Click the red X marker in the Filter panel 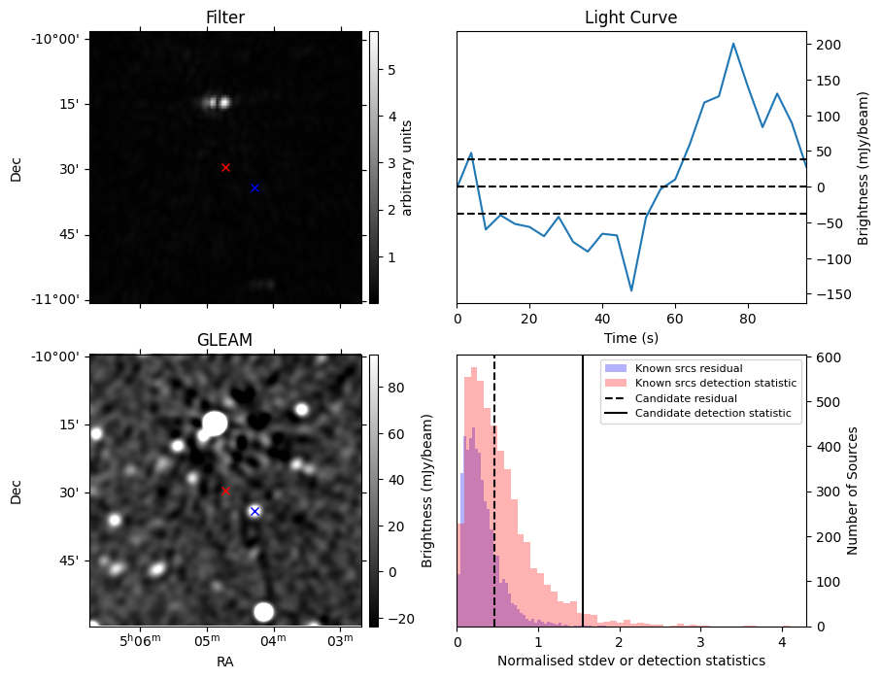[x=225, y=167]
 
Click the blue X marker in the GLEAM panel [x=254, y=511]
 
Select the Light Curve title [x=631, y=17]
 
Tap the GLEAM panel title [x=224, y=340]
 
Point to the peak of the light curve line [x=733, y=44]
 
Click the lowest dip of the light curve [x=631, y=290]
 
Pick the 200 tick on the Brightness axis [x=829, y=45]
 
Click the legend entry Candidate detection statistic [x=713, y=413]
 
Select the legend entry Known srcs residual [x=689, y=369]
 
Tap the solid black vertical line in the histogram [x=583, y=491]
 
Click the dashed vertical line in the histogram [x=493, y=491]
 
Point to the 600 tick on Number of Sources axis [x=829, y=358]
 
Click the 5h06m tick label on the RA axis [x=140, y=640]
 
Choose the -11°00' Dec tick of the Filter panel [x=54, y=299]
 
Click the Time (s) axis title [x=631, y=338]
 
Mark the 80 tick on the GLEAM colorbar [x=395, y=388]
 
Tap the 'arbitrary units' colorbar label [x=407, y=168]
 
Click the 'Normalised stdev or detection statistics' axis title [x=631, y=661]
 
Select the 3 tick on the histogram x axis [x=700, y=641]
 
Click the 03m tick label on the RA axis [x=341, y=640]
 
